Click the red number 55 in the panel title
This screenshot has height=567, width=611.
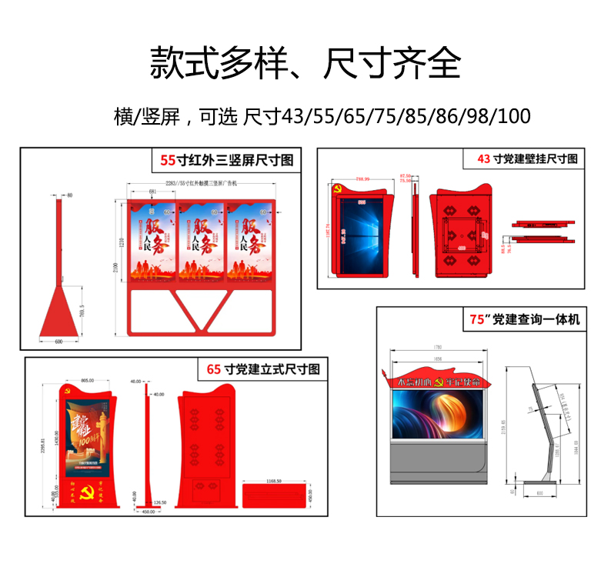click(x=167, y=160)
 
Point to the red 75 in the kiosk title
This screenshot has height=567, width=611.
click(x=478, y=319)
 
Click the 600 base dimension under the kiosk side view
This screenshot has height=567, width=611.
click(x=540, y=494)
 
